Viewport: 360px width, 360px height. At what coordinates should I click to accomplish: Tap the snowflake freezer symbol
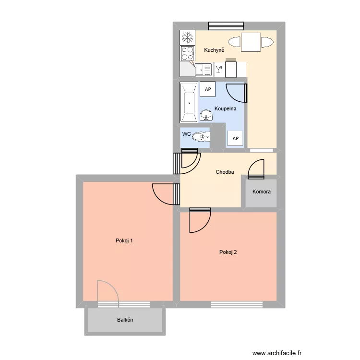(x=187, y=37)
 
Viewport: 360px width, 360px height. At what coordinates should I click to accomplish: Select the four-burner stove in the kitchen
(x=187, y=53)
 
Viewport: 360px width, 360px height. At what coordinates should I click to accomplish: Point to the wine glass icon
(x=219, y=69)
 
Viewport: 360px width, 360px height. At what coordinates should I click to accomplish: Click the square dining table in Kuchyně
(x=251, y=42)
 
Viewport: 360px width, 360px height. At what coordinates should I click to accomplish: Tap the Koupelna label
(x=225, y=108)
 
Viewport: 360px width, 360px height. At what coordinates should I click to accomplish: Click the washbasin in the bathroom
(x=206, y=115)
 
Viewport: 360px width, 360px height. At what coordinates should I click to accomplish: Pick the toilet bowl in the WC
(x=200, y=137)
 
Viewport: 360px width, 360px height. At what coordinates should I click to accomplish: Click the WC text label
(x=187, y=133)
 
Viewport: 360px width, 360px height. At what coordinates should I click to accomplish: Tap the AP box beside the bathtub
(x=208, y=89)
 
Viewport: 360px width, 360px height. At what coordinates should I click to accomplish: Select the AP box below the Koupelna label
(x=235, y=139)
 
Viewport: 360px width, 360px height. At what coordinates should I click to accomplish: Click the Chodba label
(x=225, y=171)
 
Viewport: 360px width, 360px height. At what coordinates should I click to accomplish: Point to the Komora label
(x=262, y=192)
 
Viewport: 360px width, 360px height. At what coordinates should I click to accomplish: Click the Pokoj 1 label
(x=124, y=240)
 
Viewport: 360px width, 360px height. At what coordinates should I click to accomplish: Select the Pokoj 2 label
(x=228, y=252)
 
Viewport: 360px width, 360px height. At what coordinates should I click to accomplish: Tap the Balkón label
(x=125, y=320)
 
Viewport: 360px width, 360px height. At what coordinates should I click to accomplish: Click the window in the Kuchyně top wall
(x=225, y=26)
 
